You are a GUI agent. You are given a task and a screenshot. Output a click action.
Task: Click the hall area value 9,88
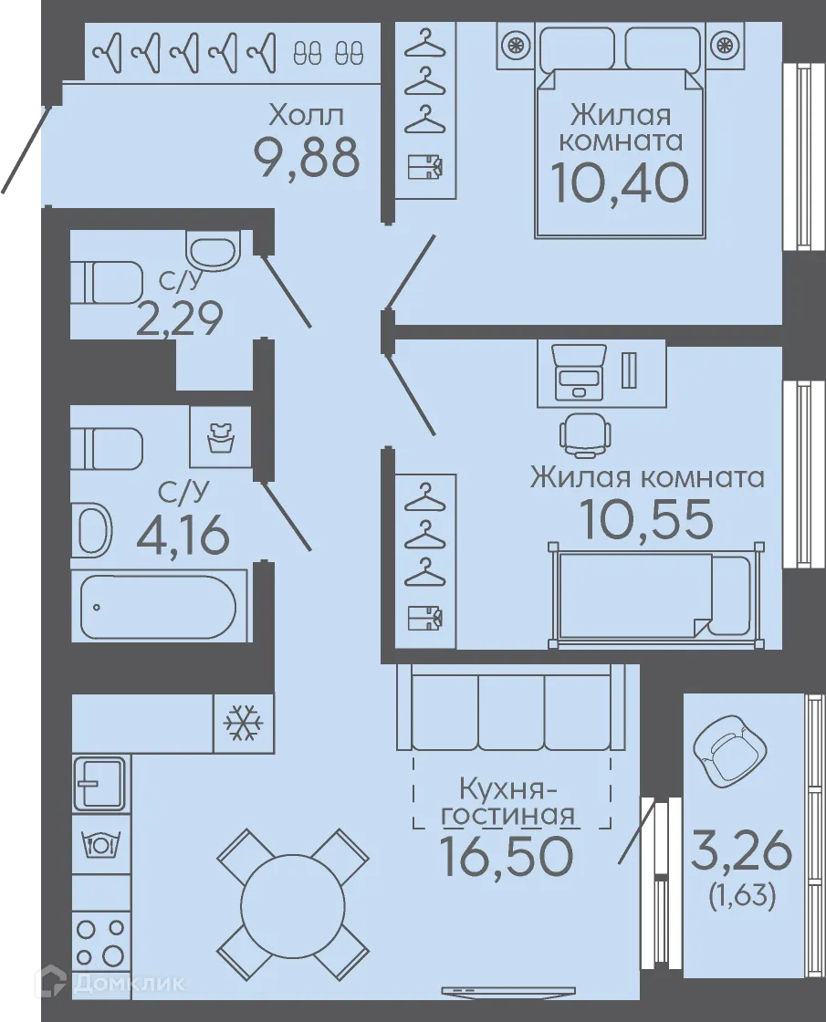(x=307, y=158)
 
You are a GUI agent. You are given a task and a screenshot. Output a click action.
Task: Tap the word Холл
(x=307, y=115)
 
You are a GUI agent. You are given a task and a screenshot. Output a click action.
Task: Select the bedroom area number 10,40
(x=620, y=182)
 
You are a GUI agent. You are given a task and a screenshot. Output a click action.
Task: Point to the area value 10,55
(x=646, y=519)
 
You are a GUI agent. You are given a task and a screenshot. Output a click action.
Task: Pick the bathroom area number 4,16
(x=183, y=534)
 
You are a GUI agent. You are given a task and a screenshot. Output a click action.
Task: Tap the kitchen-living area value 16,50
(x=507, y=856)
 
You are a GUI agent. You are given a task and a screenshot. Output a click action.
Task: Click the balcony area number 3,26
(x=741, y=852)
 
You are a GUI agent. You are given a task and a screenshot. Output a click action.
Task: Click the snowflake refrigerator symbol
(x=243, y=723)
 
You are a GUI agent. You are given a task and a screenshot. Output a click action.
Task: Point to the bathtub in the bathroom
(x=158, y=606)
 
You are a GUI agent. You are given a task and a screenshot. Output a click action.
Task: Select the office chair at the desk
(x=585, y=433)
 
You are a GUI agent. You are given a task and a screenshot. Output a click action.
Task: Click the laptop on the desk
(x=579, y=373)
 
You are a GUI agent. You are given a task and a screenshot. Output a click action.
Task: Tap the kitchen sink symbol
(x=100, y=784)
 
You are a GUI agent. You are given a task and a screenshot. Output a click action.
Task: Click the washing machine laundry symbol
(x=220, y=436)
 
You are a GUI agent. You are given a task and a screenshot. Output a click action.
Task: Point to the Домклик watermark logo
(x=113, y=983)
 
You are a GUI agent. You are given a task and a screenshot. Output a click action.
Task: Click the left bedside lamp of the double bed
(x=516, y=45)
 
